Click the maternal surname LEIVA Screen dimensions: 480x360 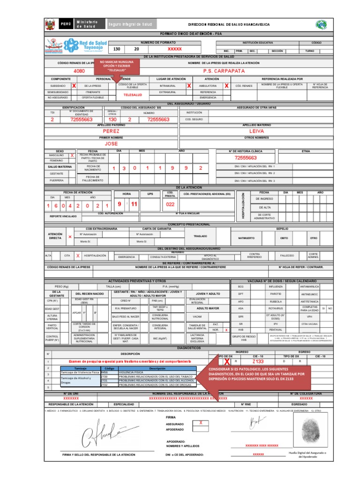point(257,131)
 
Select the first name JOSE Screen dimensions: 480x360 point(112,143)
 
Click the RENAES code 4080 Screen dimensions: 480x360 point(80,71)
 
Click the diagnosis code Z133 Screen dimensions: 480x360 point(258,361)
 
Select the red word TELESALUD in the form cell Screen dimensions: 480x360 point(132,95)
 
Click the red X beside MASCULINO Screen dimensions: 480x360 point(72,155)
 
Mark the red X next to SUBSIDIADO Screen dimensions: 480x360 point(74,86)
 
